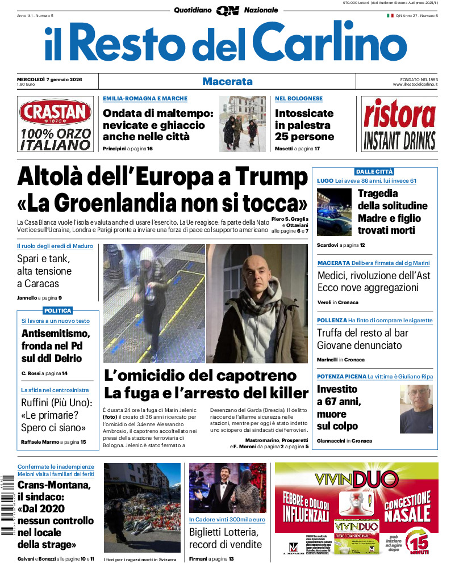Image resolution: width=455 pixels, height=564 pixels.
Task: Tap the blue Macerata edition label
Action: (227, 82)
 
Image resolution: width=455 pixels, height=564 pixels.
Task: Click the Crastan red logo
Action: (55, 112)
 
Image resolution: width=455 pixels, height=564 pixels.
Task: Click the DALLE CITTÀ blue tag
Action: (374, 171)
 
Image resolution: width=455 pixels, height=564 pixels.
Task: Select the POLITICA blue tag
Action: (58, 310)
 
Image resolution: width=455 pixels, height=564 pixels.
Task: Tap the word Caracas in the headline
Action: (38, 284)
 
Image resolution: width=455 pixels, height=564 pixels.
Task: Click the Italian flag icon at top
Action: (390, 15)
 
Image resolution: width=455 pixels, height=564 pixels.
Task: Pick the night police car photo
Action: (334, 212)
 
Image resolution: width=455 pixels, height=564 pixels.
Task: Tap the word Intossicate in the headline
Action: (304, 113)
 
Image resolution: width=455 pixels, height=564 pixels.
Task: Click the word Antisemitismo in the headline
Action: (56, 334)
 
